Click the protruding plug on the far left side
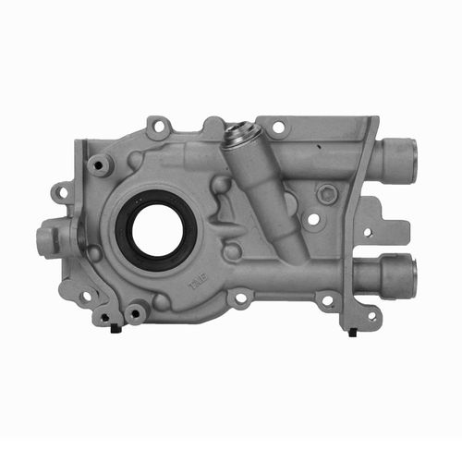point(45,242)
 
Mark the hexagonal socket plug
point(326,194)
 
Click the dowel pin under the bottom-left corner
point(115,327)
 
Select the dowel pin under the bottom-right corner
point(352,331)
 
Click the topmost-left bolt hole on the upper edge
point(159,123)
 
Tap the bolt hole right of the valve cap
point(278,127)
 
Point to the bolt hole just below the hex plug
point(314,220)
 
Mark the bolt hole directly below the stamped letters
point(240,298)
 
